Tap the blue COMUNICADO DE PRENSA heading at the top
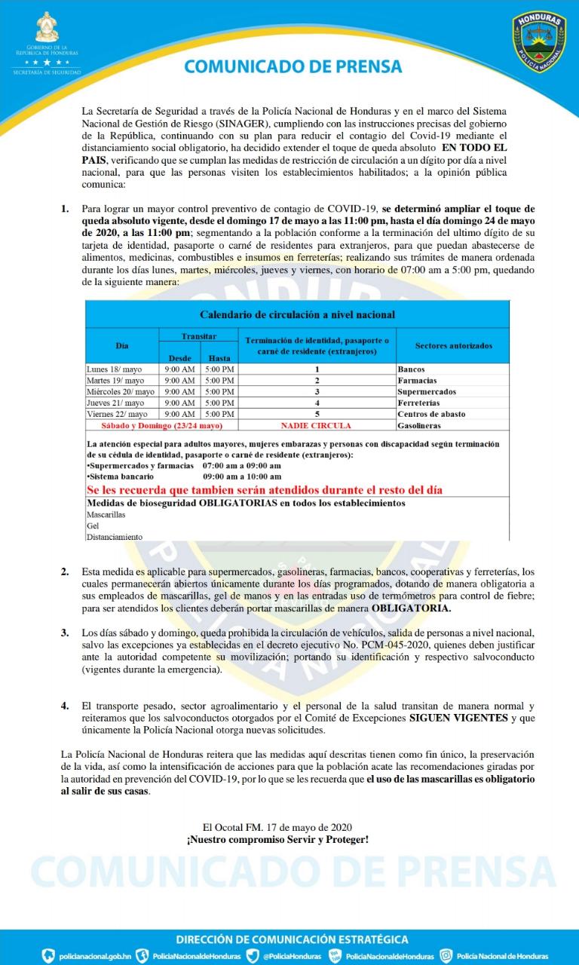(x=293, y=66)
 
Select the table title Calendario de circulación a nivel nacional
(x=297, y=314)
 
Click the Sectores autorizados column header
(x=453, y=345)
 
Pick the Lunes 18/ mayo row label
(x=115, y=369)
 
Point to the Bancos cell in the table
(x=411, y=369)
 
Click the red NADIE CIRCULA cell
(x=316, y=426)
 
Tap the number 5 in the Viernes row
(x=317, y=415)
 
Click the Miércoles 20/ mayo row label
(x=121, y=392)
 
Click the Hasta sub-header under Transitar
(x=219, y=358)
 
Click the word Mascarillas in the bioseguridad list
(x=106, y=514)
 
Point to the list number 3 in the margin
(x=65, y=632)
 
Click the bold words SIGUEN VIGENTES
(x=458, y=718)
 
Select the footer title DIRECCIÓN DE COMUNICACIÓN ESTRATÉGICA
(x=292, y=939)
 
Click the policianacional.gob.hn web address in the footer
(x=95, y=956)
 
